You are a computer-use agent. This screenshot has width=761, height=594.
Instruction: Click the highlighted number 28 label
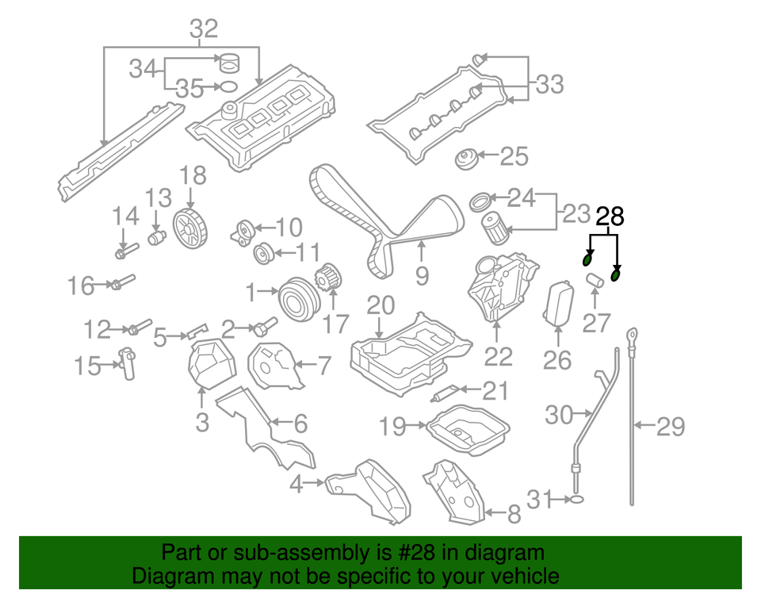tap(610, 216)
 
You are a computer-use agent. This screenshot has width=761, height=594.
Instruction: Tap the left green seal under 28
tap(587, 259)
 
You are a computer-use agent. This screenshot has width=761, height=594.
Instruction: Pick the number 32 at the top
tap(204, 29)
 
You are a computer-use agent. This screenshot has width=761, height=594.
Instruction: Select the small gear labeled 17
tap(327, 281)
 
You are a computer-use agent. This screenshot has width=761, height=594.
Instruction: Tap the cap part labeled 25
tap(466, 158)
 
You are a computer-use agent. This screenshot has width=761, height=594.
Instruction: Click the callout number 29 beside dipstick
tap(671, 427)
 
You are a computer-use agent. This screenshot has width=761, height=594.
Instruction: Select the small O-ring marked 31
tap(578, 500)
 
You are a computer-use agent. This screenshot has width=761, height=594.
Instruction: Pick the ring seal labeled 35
tap(226, 88)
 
